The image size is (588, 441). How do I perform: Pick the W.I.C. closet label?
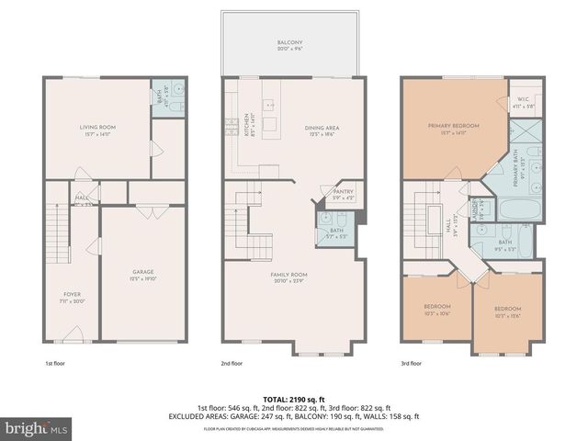pyautogui.click(x=522, y=103)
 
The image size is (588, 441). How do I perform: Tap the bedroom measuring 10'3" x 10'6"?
pyautogui.click(x=436, y=310)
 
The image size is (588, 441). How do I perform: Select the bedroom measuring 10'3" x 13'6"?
pyautogui.click(x=507, y=311)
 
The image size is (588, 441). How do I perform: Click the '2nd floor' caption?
pyautogui.click(x=233, y=364)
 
